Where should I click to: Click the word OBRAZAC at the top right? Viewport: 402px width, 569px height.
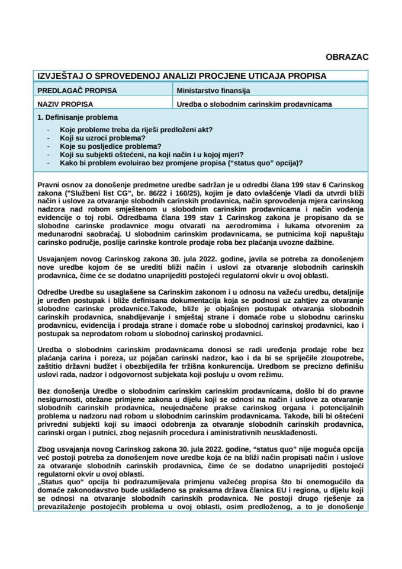pos(347,57)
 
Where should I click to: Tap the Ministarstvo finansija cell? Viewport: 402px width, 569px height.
pos(213,91)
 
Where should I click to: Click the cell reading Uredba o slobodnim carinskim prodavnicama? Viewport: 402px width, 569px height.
pos(254,104)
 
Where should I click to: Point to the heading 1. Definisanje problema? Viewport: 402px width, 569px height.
pos(77,117)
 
